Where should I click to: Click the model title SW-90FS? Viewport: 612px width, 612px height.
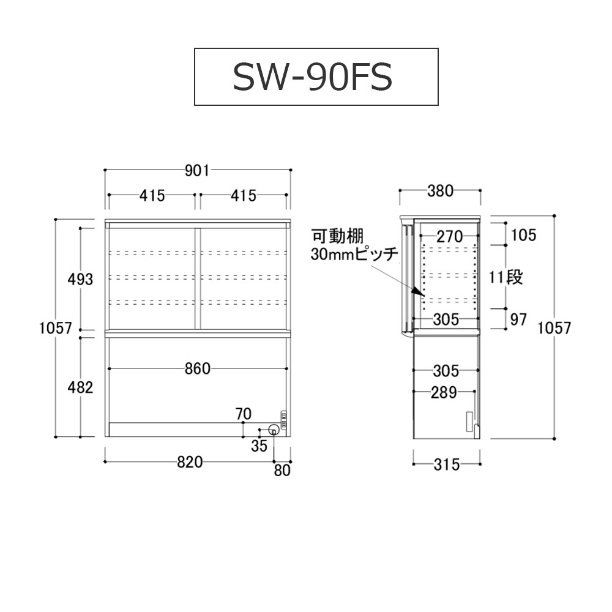click(x=312, y=77)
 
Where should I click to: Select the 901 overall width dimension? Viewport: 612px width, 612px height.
click(x=197, y=171)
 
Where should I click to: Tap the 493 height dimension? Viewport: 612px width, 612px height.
click(x=80, y=279)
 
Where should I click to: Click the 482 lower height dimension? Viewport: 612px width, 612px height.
click(x=80, y=387)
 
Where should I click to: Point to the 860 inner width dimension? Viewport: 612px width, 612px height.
click(x=198, y=368)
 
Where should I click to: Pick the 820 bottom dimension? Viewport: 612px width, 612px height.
click(x=190, y=462)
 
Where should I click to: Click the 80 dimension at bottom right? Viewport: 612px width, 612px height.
click(x=282, y=470)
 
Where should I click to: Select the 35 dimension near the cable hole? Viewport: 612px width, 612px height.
click(x=259, y=446)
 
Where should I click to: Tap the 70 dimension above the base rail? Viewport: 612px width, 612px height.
click(x=244, y=414)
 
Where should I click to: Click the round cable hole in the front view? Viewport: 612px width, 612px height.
click(x=274, y=430)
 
